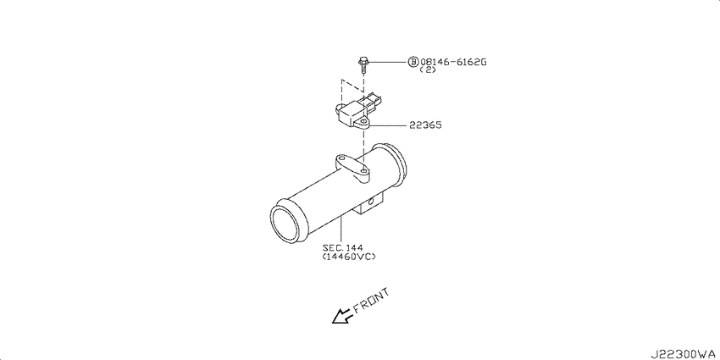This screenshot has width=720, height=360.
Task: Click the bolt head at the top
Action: click(x=363, y=61)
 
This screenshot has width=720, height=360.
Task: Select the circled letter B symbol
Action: click(x=413, y=62)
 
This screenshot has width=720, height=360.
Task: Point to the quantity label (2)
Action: click(x=428, y=70)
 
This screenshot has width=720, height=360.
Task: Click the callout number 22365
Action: click(x=426, y=125)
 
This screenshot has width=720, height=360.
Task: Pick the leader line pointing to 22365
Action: click(x=388, y=125)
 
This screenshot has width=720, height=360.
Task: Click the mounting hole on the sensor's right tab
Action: click(x=363, y=122)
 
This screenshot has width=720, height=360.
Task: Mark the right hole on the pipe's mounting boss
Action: click(x=363, y=171)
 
